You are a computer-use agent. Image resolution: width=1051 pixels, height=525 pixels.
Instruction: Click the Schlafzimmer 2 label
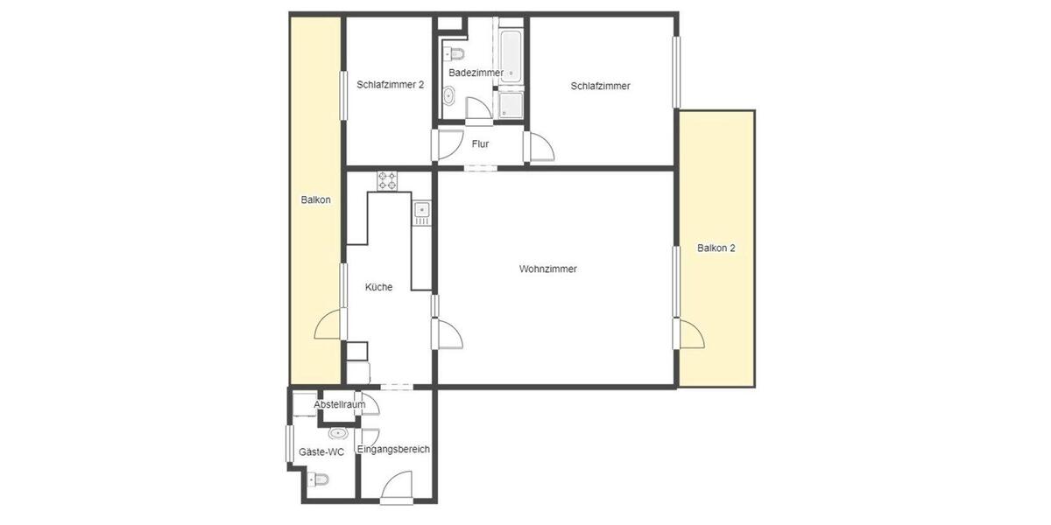391,85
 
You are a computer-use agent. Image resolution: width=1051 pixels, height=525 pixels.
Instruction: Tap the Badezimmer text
476,72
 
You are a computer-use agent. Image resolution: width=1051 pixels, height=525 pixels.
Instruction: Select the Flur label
480,143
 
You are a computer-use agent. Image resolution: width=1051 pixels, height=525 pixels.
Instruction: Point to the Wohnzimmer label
547,269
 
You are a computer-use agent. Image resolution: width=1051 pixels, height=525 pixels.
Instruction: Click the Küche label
379,287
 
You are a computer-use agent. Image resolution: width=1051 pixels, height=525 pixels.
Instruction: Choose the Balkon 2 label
716,248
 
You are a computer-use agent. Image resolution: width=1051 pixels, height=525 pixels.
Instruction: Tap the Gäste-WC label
321,452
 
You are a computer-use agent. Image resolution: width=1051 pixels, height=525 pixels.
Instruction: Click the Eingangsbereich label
393,449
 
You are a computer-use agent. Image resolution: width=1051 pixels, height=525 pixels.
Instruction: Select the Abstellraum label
339,404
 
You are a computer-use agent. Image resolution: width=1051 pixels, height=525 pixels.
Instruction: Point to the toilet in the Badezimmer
454,51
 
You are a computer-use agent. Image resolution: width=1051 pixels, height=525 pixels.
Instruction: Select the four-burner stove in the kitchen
387,181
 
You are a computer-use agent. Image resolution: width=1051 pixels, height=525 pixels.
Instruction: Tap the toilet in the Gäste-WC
318,479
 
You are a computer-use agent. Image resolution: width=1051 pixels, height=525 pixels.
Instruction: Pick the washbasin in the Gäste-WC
337,433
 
